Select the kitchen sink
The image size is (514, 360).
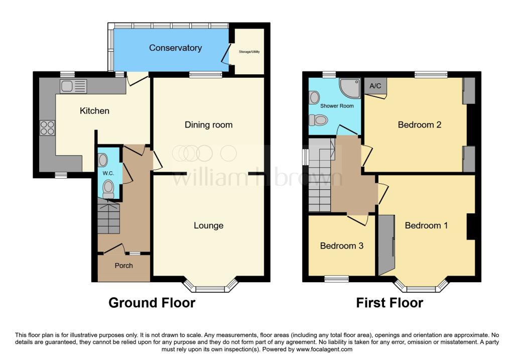pyautogui.click(x=73, y=86)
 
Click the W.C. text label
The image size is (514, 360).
pyautogui.click(x=108, y=174)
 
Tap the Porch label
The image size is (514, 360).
pyautogui.click(x=123, y=266)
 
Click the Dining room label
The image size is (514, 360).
pyautogui.click(x=208, y=125)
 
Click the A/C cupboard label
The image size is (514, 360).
pyautogui.click(x=375, y=86)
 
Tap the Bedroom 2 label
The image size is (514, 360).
pyautogui.click(x=419, y=125)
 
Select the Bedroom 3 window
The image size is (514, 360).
pyautogui.click(x=336, y=278)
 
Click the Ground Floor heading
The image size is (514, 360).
pyautogui.click(x=152, y=303)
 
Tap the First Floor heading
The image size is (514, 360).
pyautogui.click(x=390, y=303)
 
